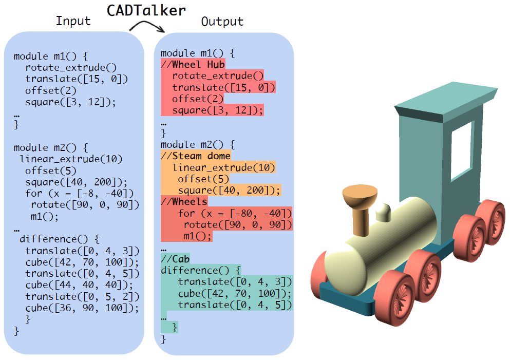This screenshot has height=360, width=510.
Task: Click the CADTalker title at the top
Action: coord(146,10)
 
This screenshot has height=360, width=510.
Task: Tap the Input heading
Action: coord(73,21)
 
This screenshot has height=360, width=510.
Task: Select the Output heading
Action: coord(222,22)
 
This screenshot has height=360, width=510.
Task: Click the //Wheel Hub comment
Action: coord(193,65)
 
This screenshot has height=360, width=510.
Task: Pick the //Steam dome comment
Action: coord(196,156)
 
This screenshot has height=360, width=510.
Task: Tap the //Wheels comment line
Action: coord(184,202)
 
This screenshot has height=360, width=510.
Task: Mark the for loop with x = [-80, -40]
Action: coord(235,213)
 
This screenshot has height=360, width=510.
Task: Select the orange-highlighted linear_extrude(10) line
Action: coord(223,168)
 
